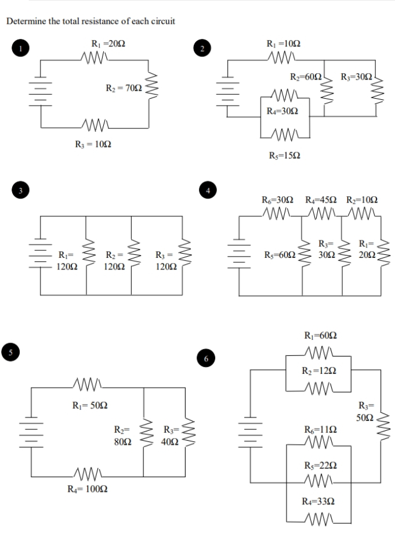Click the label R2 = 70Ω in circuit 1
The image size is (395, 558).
123,88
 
